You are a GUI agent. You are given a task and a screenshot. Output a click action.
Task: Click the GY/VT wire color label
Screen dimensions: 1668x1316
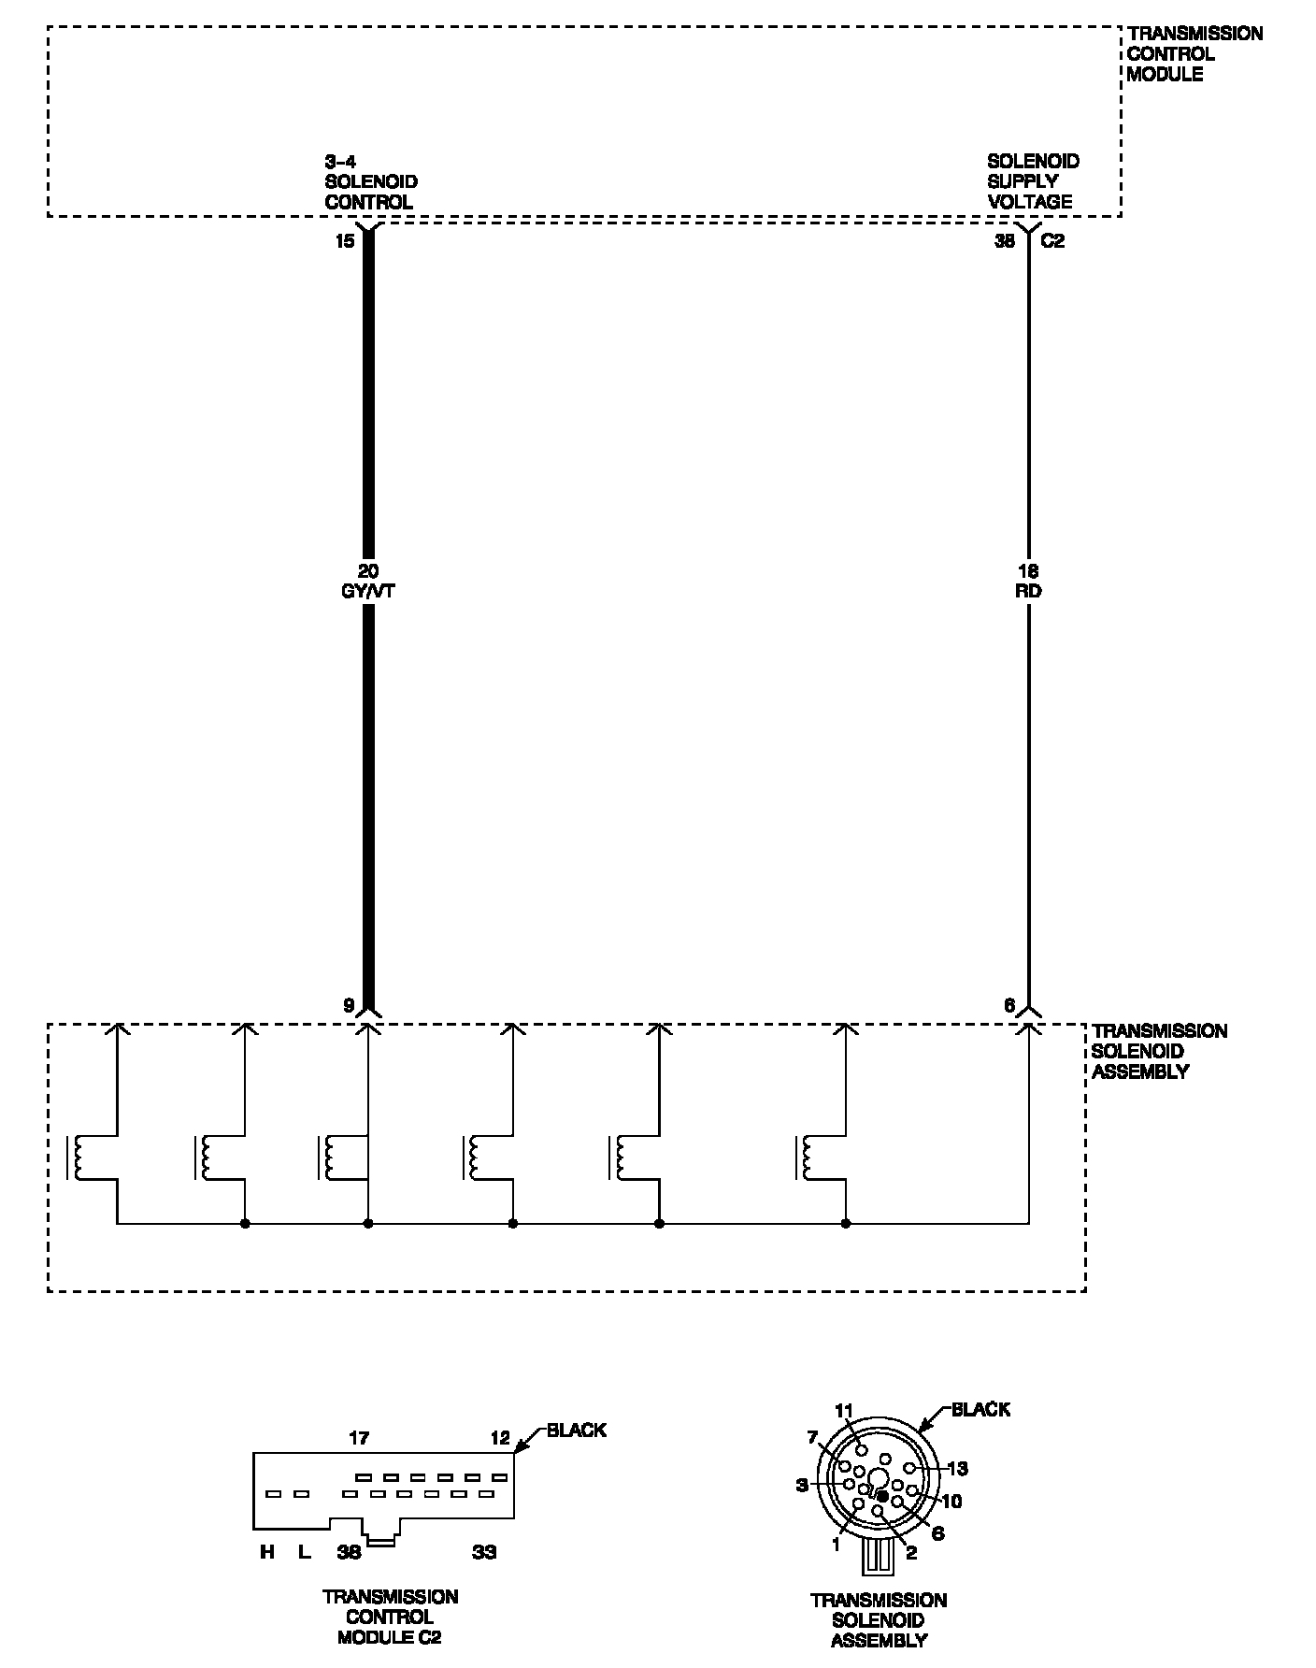(368, 591)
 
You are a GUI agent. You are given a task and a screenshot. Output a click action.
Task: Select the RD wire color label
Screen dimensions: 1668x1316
(1028, 591)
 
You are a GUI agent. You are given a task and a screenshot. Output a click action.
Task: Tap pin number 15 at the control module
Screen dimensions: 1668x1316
(345, 241)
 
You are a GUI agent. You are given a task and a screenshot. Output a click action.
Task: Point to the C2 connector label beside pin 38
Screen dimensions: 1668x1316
(1052, 241)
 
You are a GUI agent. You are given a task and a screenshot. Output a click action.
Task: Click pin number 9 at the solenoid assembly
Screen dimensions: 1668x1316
(349, 1006)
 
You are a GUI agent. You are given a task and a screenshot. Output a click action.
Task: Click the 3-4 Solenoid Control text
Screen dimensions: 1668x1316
(370, 181)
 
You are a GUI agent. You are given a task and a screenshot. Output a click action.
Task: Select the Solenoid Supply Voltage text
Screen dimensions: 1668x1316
(1032, 181)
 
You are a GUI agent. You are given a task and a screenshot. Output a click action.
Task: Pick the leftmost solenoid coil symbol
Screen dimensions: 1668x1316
(76, 1158)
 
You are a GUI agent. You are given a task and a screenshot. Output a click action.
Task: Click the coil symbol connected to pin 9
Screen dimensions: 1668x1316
(329, 1158)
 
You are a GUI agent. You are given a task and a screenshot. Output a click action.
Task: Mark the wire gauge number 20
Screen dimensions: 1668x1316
(368, 570)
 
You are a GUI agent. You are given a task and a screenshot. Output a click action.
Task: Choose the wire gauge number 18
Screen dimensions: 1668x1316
(1028, 570)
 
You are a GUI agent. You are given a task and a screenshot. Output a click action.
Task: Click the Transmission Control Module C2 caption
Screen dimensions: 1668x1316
(390, 1617)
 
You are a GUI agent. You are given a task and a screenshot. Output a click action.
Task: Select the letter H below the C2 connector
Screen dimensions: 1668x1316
(267, 1553)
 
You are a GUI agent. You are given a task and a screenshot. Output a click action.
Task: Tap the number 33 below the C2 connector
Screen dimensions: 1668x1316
(483, 1553)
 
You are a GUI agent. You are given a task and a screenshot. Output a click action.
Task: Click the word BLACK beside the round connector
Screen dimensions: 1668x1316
(980, 1409)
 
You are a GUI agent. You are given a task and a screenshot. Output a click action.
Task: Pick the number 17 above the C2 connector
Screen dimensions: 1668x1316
(359, 1438)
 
